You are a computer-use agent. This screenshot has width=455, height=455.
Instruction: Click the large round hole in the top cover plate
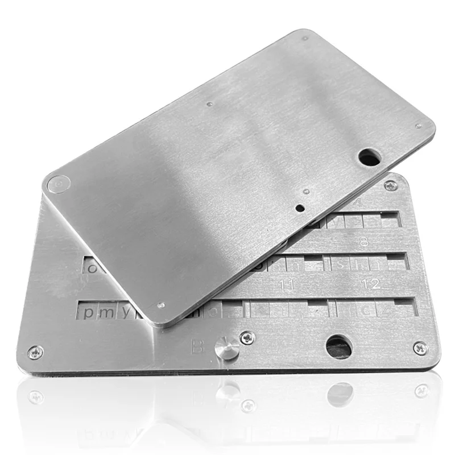(369, 156)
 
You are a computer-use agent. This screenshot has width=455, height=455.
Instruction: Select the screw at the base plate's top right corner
(391, 185)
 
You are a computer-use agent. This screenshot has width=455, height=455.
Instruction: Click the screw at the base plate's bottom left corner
(35, 353)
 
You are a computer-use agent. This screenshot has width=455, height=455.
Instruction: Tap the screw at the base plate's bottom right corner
(420, 348)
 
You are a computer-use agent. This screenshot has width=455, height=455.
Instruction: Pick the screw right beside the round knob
(247, 338)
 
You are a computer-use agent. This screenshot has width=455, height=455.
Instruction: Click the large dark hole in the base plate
(339, 346)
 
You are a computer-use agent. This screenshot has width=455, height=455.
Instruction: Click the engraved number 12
(374, 283)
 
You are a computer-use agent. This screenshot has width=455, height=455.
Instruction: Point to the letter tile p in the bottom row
(89, 312)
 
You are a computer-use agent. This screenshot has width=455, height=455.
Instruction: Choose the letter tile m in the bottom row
(106, 312)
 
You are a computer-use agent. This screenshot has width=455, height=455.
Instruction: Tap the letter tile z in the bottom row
(386, 309)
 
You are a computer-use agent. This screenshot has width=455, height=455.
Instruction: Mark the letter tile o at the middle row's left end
(90, 266)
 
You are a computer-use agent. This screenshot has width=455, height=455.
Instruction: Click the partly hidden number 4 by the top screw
(357, 203)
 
